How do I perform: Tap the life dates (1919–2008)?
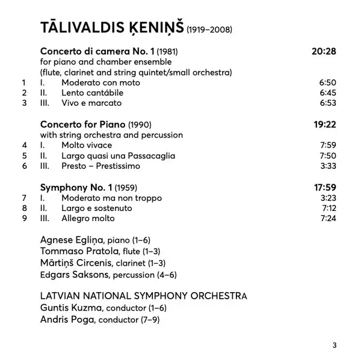209,29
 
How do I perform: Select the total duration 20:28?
324,51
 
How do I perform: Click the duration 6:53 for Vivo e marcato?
327,103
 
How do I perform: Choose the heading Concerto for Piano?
83,124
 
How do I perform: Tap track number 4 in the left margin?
24,145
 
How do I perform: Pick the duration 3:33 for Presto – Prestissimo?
327,166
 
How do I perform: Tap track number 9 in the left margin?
24,218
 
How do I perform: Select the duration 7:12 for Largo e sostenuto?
327,208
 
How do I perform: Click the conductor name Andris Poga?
66,320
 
